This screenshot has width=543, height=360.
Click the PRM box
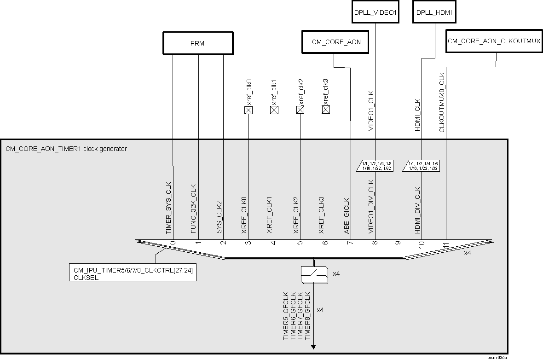(197, 43)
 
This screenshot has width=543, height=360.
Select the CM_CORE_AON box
(336, 42)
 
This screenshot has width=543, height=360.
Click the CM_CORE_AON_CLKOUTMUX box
(494, 41)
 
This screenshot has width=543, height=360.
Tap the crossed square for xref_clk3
(326, 110)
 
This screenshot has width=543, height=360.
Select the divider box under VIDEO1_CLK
(375, 166)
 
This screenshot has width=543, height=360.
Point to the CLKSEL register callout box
(133, 273)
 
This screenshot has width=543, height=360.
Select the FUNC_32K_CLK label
(194, 209)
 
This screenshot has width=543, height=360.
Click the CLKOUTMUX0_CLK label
(442, 102)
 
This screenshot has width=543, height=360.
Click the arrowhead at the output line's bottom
(314, 347)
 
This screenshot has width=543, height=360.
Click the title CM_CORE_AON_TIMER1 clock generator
(66, 149)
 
